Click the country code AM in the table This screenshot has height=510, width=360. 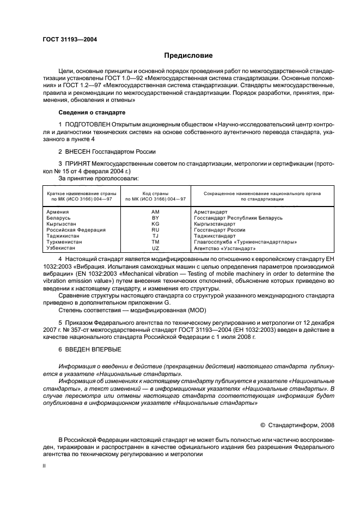155,211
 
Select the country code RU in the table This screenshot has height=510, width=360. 155,229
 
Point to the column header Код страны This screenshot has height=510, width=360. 155,193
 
